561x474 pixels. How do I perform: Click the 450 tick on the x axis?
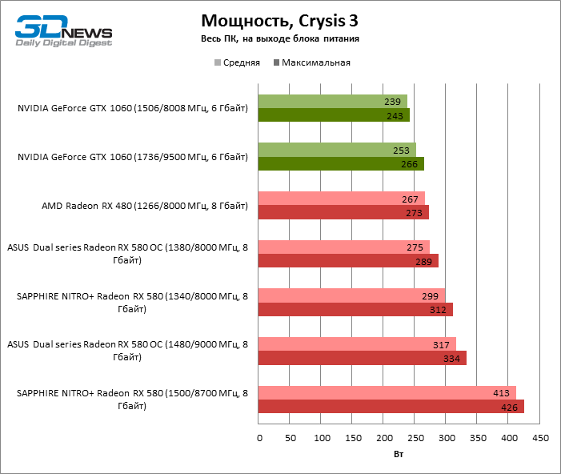pyautogui.click(x=540, y=439)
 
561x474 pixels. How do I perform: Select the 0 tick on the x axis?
pyautogui.click(x=259, y=439)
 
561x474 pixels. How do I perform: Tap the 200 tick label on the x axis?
pyautogui.click(x=384, y=439)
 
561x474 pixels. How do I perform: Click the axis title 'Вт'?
pyautogui.click(x=399, y=455)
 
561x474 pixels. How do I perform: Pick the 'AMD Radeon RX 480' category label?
pyautogui.click(x=145, y=206)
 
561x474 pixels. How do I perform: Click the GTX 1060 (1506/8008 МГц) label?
pyautogui.click(x=133, y=108)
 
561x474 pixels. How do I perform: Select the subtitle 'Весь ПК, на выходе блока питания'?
pyautogui.click(x=279, y=38)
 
